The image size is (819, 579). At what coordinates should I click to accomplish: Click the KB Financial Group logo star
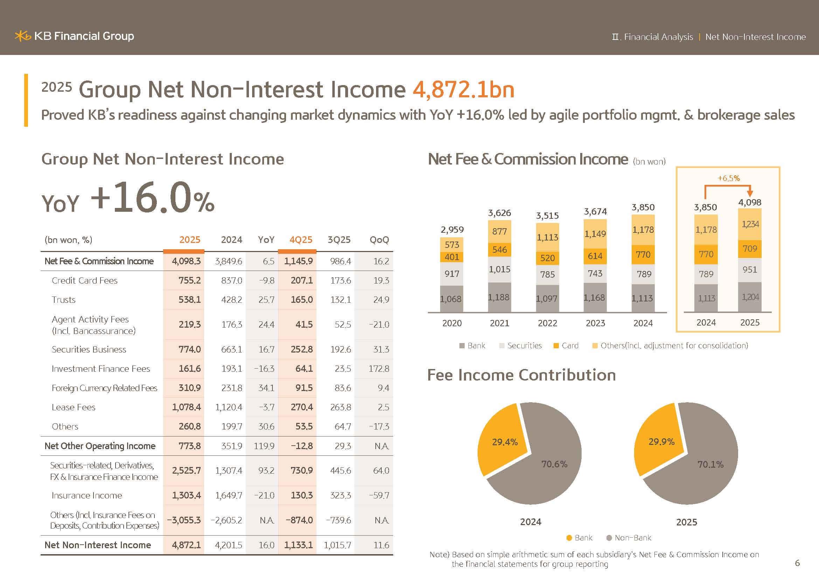[x=22, y=36]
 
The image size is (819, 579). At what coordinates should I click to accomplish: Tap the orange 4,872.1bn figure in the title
[x=463, y=90]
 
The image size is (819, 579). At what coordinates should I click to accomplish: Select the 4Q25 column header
[x=301, y=240]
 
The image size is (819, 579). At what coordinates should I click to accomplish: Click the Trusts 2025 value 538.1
[x=189, y=300]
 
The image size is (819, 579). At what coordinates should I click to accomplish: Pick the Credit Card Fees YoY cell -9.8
[x=266, y=281]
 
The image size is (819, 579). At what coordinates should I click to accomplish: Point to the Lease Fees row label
[x=74, y=407]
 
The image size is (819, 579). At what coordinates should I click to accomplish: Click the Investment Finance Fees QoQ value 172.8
[x=379, y=369]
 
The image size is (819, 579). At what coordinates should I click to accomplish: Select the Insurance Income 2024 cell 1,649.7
[x=229, y=496]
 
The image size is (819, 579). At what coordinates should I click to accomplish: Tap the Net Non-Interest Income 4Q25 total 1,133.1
[x=298, y=545]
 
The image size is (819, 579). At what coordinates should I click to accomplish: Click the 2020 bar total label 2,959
[x=452, y=230]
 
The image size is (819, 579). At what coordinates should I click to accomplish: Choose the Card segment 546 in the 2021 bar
[x=499, y=250]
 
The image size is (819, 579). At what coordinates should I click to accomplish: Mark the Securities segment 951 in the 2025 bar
[x=749, y=270]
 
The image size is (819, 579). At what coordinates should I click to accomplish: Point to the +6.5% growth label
[x=728, y=178]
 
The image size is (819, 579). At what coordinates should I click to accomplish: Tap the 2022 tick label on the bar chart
[x=547, y=323]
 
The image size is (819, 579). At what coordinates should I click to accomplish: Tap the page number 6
[x=797, y=563]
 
